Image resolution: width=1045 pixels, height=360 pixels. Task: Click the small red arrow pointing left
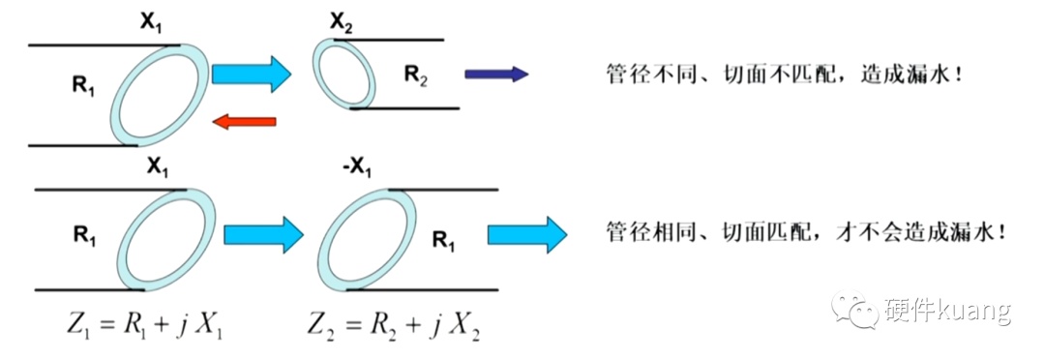click(x=243, y=121)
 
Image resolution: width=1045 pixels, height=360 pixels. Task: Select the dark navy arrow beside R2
click(x=495, y=74)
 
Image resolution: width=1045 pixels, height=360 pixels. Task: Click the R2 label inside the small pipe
click(x=416, y=76)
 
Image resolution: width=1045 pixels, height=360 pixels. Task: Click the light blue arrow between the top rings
click(x=252, y=74)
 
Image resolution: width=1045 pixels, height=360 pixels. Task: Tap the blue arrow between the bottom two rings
click(x=263, y=234)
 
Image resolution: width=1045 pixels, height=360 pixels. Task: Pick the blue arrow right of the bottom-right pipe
click(x=527, y=234)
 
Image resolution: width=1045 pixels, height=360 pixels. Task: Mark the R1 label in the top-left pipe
click(x=83, y=86)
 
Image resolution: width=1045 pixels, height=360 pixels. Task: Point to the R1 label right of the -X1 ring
click(x=444, y=239)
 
